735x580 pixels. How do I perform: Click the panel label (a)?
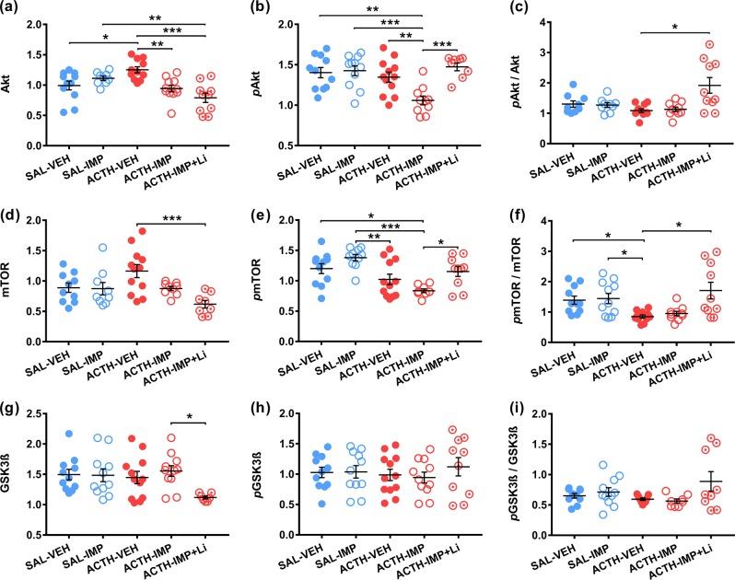[12, 8]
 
